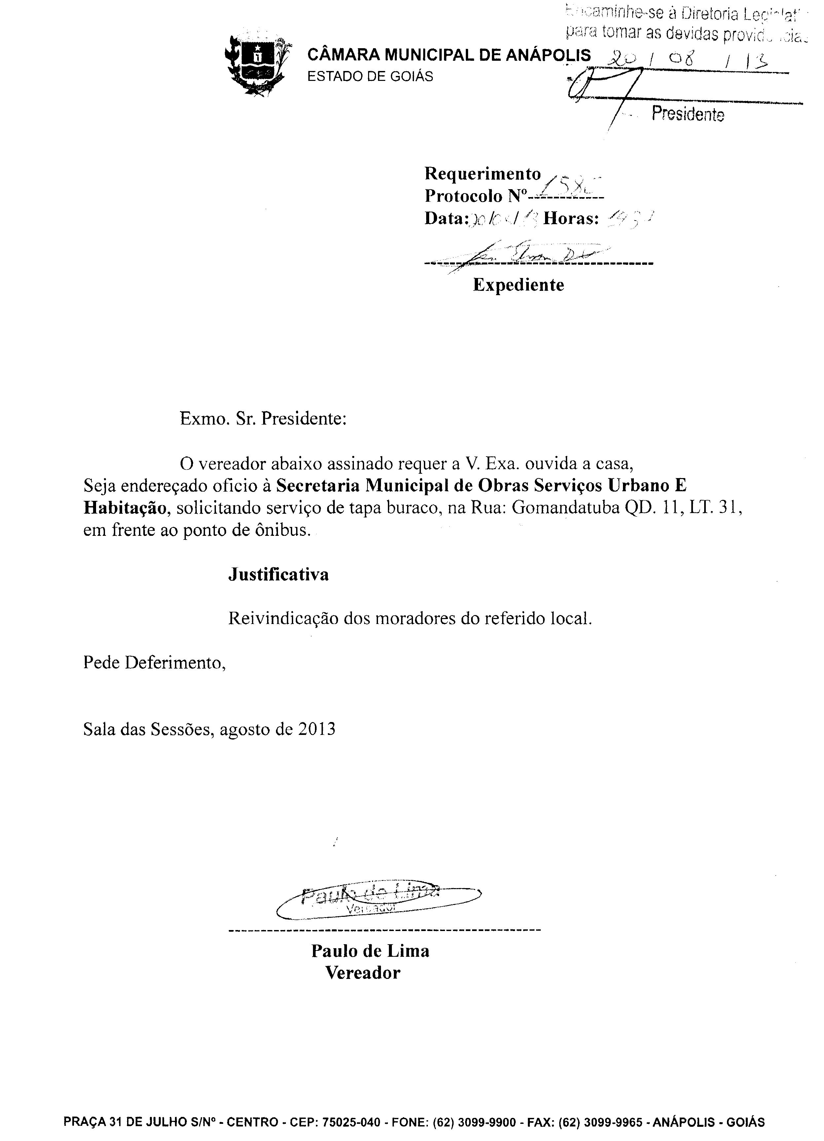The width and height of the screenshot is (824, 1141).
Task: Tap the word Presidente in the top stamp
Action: tap(688, 114)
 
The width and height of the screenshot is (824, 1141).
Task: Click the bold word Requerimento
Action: tap(482, 174)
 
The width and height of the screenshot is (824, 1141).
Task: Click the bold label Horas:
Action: tap(571, 218)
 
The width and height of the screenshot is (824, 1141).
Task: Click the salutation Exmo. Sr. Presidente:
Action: tap(263, 419)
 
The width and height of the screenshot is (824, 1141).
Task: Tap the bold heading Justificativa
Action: tap(278, 574)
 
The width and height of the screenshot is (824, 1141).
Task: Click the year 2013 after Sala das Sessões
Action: tap(316, 729)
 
